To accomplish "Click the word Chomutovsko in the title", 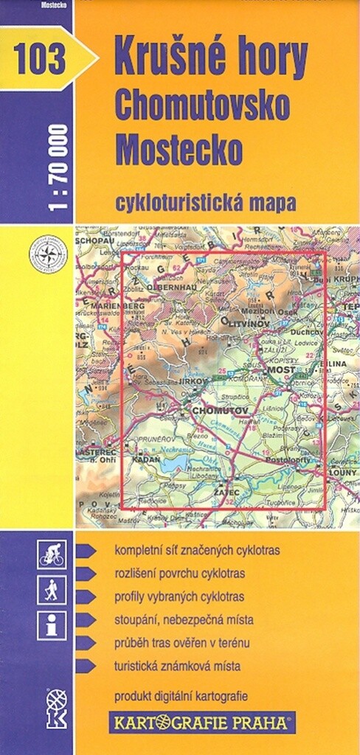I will (201, 108).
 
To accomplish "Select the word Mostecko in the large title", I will (179, 150).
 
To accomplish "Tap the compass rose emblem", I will (48, 254).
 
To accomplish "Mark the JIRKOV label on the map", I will (193, 383).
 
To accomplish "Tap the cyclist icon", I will (52, 554).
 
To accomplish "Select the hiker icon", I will (52, 589).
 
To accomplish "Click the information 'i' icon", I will (52, 625).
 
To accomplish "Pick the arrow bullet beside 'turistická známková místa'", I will (86, 666).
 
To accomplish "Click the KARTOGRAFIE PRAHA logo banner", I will (202, 721).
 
